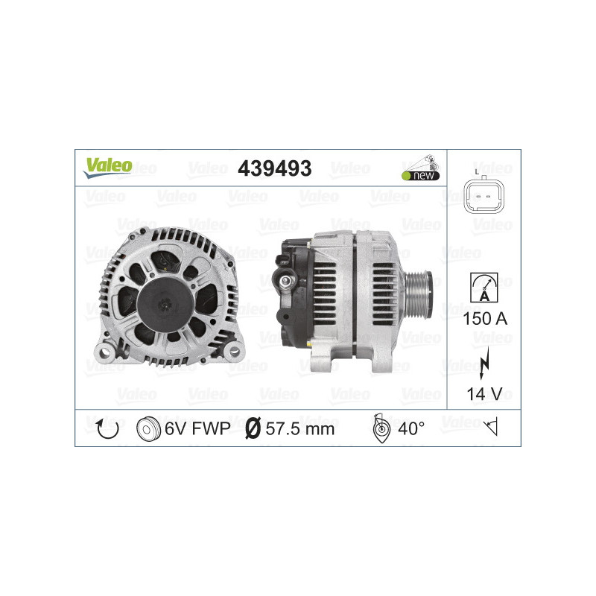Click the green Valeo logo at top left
pyautogui.click(x=107, y=168)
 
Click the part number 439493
pyautogui.click(x=273, y=168)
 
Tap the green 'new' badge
pyautogui.click(x=421, y=176)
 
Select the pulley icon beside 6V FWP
pyautogui.click(x=149, y=429)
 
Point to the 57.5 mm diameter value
pyautogui.click(x=299, y=429)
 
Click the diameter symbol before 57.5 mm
pyautogui.click(x=252, y=429)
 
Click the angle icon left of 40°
pyautogui.click(x=380, y=428)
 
